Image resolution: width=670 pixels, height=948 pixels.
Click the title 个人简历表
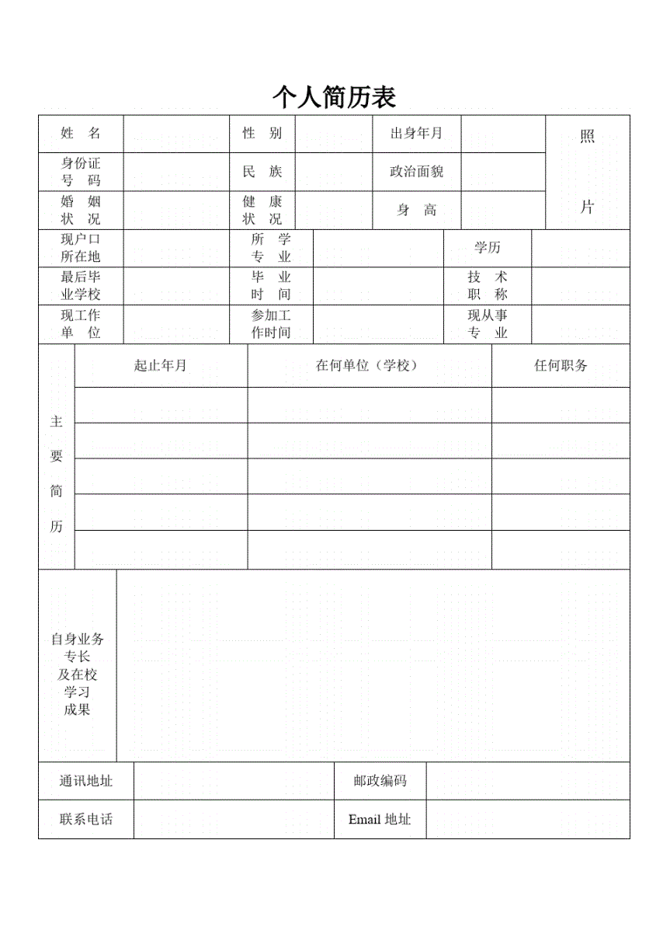[x=334, y=97]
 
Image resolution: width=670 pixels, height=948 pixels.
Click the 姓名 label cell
[x=81, y=134]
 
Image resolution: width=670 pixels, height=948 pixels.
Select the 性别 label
[x=262, y=134]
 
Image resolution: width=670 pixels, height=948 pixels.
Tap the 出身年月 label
[x=416, y=134]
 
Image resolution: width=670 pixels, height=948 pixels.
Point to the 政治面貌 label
[x=416, y=172]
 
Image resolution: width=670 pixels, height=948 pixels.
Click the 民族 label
[x=262, y=172]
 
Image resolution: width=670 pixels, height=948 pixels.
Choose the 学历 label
[x=488, y=248]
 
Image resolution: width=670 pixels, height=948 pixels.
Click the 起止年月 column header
[x=161, y=366]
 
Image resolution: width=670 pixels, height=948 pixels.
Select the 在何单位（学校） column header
[x=370, y=366]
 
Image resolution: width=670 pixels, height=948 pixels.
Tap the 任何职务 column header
[x=561, y=366]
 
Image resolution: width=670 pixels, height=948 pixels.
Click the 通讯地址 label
[x=86, y=781]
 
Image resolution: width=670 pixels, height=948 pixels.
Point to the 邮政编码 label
[x=380, y=781]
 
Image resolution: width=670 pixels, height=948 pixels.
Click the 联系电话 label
[x=86, y=819]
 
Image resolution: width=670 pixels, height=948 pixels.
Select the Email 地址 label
[x=380, y=819]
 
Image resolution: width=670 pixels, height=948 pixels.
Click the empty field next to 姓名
[x=176, y=134]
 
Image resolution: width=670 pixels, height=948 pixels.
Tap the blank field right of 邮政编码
[x=528, y=781]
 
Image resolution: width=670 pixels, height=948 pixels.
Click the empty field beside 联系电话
[x=234, y=819]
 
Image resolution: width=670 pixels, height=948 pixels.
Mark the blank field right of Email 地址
[x=528, y=819]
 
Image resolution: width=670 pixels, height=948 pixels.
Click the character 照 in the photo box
[x=587, y=138]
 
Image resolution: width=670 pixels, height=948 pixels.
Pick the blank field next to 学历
[x=581, y=248]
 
